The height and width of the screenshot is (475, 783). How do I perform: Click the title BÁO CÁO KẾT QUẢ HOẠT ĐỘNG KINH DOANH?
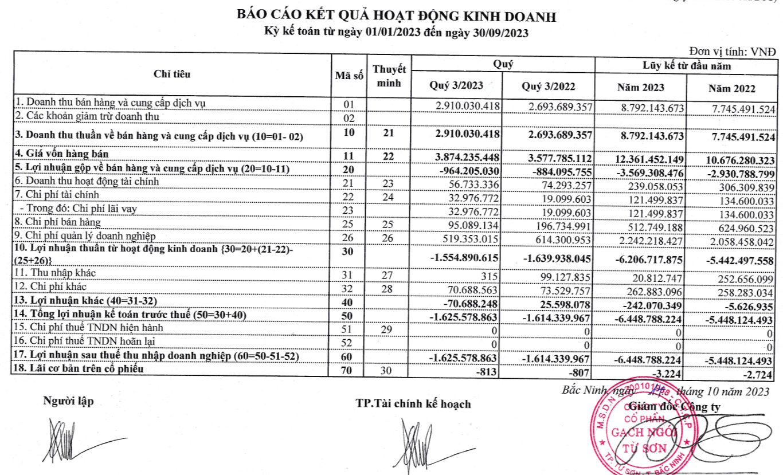[396, 17]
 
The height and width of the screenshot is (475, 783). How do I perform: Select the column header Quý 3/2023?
[456, 87]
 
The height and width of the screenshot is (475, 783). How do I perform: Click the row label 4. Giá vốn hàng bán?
[62, 154]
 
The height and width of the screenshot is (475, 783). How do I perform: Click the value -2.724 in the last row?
[759, 375]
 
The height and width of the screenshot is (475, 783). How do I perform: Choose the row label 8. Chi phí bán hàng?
[58, 222]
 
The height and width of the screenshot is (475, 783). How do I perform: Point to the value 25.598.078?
[565, 303]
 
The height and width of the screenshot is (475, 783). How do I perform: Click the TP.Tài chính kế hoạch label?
[413, 404]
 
